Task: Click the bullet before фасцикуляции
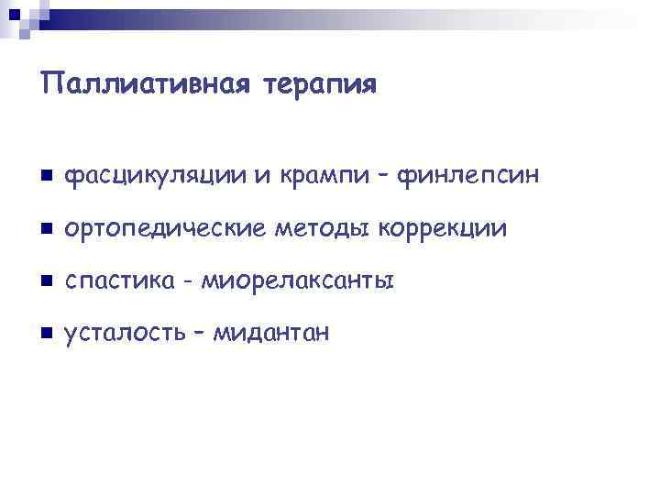click(x=46, y=175)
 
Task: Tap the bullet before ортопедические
click(x=46, y=227)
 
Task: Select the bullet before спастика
click(x=46, y=280)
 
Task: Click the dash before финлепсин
click(x=386, y=175)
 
